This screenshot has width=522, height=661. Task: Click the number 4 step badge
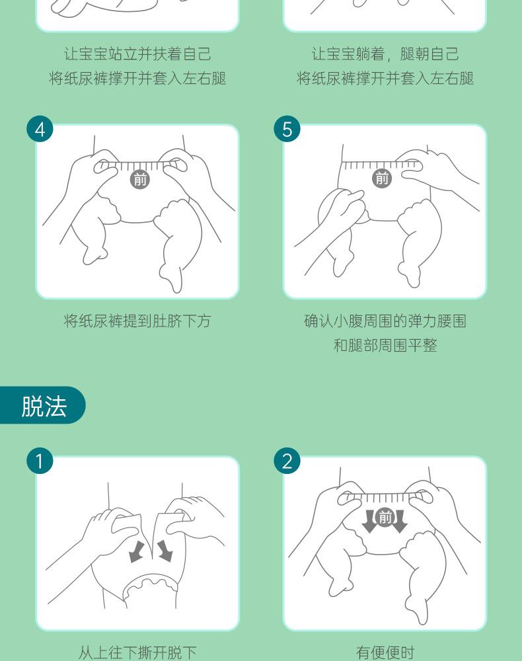(40, 129)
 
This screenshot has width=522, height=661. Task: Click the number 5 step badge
(287, 129)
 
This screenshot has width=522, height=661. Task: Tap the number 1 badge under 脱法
(40, 460)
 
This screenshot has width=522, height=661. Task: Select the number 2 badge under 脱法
(287, 460)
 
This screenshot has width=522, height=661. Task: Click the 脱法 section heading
(44, 406)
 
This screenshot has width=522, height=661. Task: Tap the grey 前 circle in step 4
(140, 179)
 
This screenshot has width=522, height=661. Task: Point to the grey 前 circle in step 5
(382, 178)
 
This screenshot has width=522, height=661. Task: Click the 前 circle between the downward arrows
(385, 518)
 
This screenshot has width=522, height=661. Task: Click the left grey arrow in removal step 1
(136, 551)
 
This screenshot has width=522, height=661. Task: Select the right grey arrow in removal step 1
(165, 551)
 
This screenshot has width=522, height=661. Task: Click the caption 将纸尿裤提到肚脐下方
(137, 321)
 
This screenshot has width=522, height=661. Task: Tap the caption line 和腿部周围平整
(385, 346)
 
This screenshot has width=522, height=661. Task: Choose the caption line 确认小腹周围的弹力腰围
(385, 321)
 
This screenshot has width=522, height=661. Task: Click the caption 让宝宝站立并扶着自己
(137, 54)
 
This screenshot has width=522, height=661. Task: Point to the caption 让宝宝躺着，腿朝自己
(385, 54)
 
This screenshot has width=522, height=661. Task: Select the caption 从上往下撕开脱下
(137, 652)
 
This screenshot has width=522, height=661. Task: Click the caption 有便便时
(385, 652)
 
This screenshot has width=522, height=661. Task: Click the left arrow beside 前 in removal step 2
(369, 521)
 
